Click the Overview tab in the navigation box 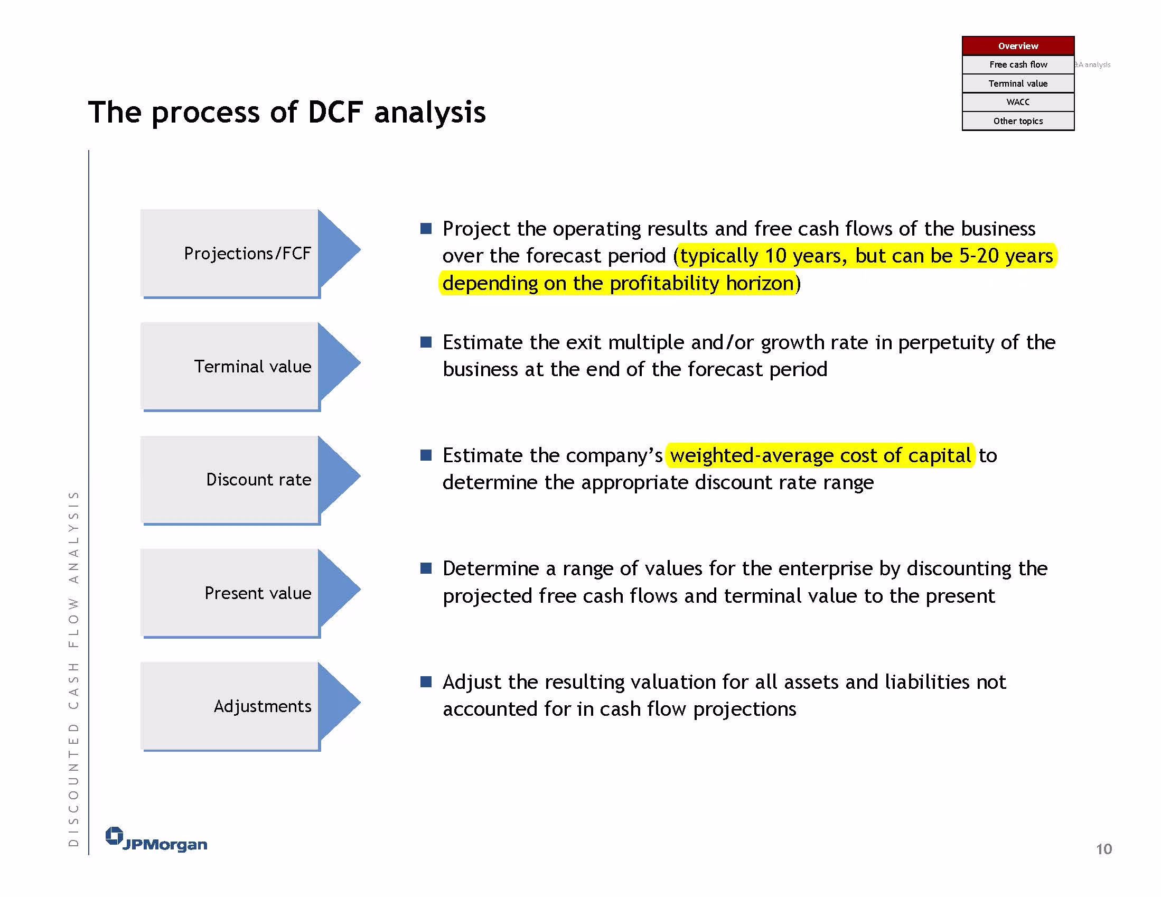point(1018,46)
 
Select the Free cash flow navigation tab point(1018,64)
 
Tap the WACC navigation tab point(1018,102)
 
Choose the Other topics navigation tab point(1018,121)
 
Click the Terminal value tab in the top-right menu point(1018,83)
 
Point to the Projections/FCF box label point(247,254)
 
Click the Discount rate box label point(259,480)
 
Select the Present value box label point(258,593)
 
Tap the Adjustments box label point(263,706)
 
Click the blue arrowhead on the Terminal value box point(339,362)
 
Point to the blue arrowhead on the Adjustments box point(339,703)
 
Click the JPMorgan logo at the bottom point(156,839)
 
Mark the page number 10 point(1103,849)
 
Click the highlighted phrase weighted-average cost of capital point(820,456)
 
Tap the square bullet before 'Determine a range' point(426,568)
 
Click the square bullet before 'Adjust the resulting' point(426,681)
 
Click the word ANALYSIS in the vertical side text point(73,538)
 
